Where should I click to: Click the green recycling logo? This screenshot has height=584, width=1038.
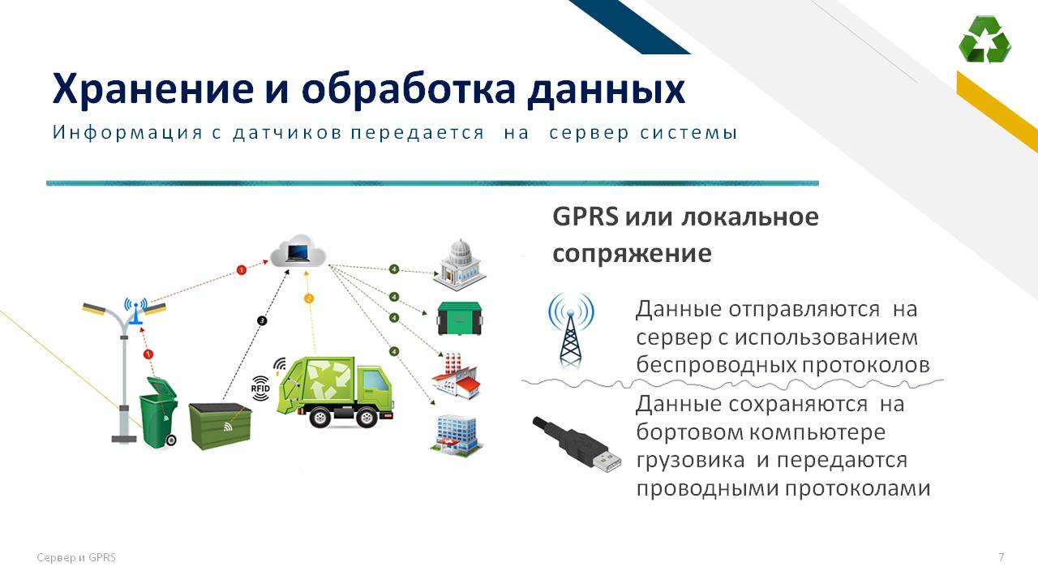[x=984, y=39]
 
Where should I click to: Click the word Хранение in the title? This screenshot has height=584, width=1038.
[x=153, y=89]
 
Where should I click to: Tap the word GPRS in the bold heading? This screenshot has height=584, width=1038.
[x=585, y=217]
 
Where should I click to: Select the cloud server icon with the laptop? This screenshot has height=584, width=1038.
[x=298, y=251]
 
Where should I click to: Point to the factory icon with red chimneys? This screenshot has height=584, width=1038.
[x=455, y=376]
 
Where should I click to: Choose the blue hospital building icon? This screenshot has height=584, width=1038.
[x=456, y=434]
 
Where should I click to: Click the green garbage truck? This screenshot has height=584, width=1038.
[x=335, y=392]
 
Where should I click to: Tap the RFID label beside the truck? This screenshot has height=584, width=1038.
[x=260, y=389]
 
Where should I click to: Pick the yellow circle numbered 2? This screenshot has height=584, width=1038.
[x=309, y=299]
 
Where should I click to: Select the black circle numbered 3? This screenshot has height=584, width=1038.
[x=262, y=320]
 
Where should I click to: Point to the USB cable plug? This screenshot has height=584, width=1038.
[x=577, y=444]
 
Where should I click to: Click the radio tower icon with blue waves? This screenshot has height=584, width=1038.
[x=570, y=330]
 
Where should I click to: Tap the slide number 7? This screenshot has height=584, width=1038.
[x=1002, y=556]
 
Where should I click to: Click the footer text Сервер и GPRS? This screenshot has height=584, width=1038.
[x=76, y=557]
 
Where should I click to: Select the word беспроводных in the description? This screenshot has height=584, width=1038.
[x=714, y=365]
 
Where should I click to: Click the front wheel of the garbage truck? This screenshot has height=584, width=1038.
[x=367, y=418]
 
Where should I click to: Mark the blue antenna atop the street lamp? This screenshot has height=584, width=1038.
[x=135, y=311]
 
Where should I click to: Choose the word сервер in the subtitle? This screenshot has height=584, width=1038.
[x=589, y=133]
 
